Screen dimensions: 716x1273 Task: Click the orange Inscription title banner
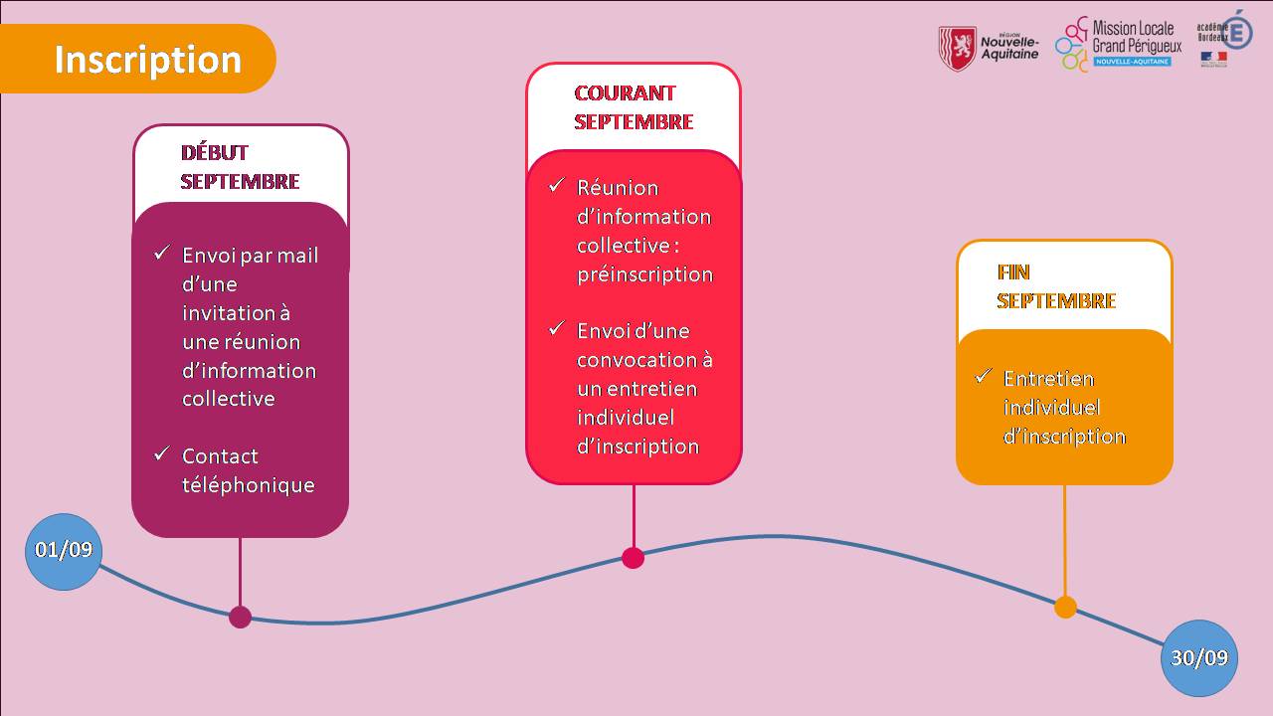tap(139, 59)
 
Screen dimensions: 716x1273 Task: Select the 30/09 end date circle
tap(1199, 658)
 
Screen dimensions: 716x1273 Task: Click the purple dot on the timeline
tap(240, 617)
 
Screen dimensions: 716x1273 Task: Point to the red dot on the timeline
tap(634, 557)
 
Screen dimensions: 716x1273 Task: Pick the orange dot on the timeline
tap(1065, 607)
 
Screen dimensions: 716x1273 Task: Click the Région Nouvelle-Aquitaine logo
tap(988, 48)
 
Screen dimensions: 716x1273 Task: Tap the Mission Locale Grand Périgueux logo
tap(1119, 44)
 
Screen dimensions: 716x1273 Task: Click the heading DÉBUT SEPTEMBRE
tap(240, 167)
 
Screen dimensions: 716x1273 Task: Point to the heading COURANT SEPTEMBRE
tap(634, 107)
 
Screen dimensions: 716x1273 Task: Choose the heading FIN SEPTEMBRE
tap(1056, 286)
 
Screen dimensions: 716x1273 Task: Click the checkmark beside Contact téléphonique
tap(162, 453)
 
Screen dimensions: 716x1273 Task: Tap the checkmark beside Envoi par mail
tap(162, 254)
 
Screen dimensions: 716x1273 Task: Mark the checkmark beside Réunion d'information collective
tap(557, 185)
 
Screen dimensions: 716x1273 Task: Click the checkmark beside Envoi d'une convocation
tap(557, 328)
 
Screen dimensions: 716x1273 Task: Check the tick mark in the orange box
tap(984, 376)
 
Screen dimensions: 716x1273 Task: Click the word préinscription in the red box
tap(644, 274)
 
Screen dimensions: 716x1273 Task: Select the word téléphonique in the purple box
tap(248, 485)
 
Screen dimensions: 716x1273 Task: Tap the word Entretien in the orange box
tap(1048, 379)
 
